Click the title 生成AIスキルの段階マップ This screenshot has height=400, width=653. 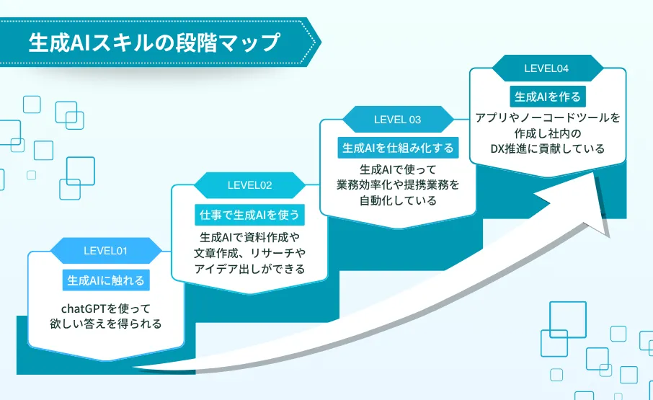click(x=154, y=43)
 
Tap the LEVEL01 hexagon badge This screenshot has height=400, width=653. click(x=105, y=251)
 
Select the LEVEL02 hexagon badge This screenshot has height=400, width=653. click(x=249, y=185)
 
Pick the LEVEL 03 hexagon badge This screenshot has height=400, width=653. click(x=397, y=120)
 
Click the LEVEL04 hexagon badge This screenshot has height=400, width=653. click(x=547, y=68)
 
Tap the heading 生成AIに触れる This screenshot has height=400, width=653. click(x=106, y=280)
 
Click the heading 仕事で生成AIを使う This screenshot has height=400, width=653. click(x=249, y=214)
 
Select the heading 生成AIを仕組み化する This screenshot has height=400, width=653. click(x=398, y=148)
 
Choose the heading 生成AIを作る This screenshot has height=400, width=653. click(x=547, y=96)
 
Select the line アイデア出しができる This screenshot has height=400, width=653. click(x=249, y=269)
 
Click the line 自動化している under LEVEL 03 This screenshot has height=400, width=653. click(x=398, y=201)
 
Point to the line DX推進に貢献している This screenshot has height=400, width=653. click(x=547, y=148)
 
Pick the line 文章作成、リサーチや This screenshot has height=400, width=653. click(x=249, y=253)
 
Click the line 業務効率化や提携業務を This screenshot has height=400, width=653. click(x=398, y=185)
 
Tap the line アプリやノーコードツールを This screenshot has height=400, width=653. click(x=547, y=117)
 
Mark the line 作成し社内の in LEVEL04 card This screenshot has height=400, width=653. click(x=547, y=133)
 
